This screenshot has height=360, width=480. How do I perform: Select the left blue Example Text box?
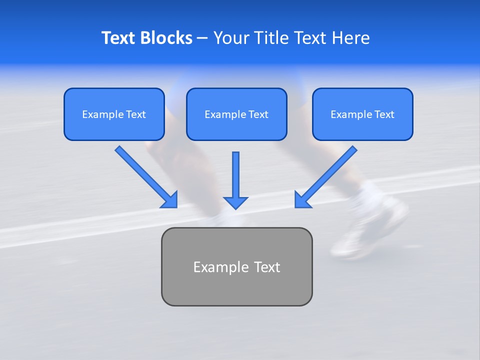click(114, 114)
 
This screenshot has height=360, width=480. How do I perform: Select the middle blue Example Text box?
click(236, 114)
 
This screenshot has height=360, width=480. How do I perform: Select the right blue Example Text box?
click(362, 114)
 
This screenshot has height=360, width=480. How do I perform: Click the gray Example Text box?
click(236, 266)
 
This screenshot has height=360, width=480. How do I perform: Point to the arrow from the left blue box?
click(145, 175)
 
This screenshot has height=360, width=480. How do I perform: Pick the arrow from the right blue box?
click(327, 175)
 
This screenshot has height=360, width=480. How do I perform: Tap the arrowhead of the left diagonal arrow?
click(170, 200)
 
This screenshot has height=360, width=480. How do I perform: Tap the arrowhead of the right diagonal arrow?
click(302, 200)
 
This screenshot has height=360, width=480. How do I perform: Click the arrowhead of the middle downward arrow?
click(235, 202)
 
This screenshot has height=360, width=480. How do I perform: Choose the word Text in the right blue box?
click(384, 114)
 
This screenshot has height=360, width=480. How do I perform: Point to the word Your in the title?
click(230, 38)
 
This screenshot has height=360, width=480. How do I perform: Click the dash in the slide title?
click(202, 38)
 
